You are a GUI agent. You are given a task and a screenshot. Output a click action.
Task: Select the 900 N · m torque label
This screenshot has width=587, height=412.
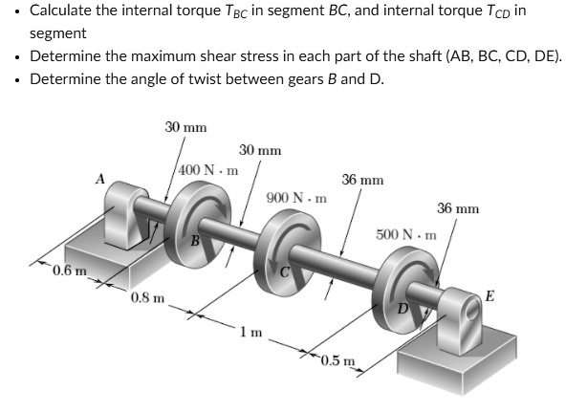(296, 198)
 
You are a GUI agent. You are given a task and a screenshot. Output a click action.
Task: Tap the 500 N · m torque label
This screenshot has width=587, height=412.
(406, 233)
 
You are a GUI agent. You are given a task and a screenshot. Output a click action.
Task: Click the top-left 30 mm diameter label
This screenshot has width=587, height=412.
(185, 126)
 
